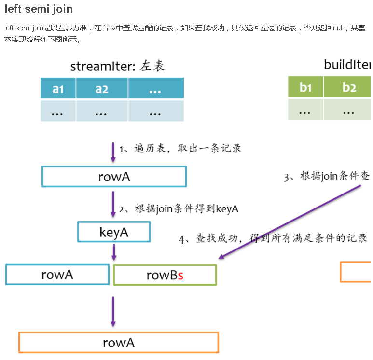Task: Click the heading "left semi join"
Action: click(x=39, y=9)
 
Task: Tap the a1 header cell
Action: click(x=58, y=88)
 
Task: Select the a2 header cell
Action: click(x=102, y=88)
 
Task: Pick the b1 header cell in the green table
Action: click(x=305, y=87)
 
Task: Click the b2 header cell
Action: click(x=349, y=87)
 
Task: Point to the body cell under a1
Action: click(x=58, y=111)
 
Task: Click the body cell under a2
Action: click(x=102, y=111)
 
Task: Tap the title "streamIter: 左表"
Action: click(x=118, y=66)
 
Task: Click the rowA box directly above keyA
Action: click(x=114, y=177)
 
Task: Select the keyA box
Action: click(x=114, y=232)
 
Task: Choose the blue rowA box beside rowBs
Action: click(x=57, y=275)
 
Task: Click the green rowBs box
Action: click(x=165, y=275)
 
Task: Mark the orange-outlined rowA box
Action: click(x=118, y=343)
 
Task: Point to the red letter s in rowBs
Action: click(x=180, y=276)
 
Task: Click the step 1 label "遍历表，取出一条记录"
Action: click(x=180, y=148)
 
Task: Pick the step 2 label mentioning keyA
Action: click(x=179, y=209)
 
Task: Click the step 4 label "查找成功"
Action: click(x=273, y=239)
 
